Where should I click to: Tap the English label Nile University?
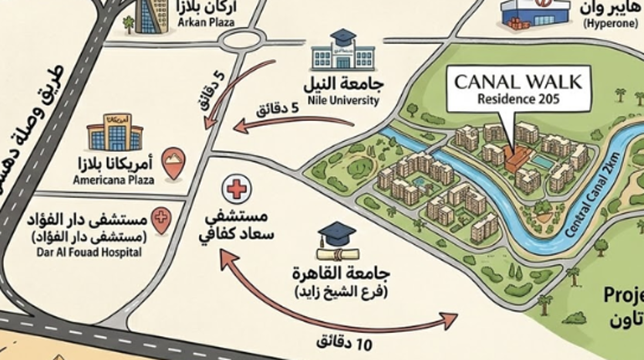343,100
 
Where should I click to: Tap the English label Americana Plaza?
113,180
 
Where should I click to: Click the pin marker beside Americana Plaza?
175,164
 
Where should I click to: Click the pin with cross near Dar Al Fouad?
160,220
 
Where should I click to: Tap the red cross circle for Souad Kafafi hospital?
235,188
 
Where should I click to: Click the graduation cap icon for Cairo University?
336,241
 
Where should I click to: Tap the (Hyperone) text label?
609,24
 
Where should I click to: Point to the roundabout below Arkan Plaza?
244,41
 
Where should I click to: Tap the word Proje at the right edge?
624,295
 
